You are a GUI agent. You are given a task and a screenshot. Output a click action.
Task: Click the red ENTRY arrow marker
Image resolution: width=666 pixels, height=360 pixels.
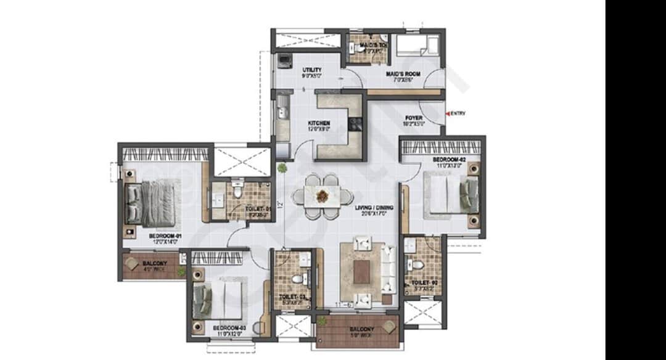[x=448, y=113]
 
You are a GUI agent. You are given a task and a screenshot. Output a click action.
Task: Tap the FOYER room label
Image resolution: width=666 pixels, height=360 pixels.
[x=413, y=117]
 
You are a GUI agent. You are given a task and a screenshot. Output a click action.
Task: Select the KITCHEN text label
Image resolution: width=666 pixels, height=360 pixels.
[x=319, y=123]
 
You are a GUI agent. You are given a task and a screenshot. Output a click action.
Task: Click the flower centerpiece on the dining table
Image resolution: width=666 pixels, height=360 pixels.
[x=323, y=196]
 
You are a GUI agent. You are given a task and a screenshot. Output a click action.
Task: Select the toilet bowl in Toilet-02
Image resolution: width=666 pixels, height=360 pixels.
[x=416, y=266]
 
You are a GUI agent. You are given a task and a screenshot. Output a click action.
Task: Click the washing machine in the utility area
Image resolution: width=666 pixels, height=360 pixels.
[x=284, y=60]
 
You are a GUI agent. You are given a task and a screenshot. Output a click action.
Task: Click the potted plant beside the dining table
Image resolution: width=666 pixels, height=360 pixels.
[x=282, y=168]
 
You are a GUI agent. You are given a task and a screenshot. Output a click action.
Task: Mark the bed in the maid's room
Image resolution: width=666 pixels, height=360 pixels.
[x=417, y=46]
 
